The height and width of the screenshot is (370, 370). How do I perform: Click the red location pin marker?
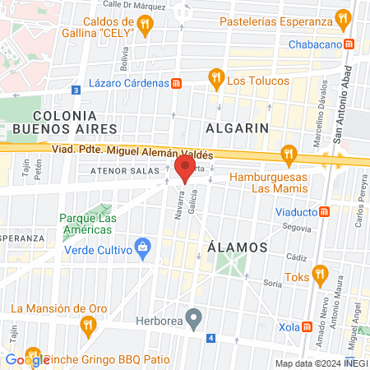pos(185,169)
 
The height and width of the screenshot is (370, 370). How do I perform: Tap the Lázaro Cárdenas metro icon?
pos(176,83)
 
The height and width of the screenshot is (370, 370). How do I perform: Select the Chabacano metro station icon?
pos(349,44)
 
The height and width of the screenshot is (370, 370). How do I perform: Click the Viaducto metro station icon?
pos(325,211)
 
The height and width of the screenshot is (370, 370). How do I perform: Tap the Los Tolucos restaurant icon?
pos(215,80)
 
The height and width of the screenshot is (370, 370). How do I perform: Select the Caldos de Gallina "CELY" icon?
pos(145,25)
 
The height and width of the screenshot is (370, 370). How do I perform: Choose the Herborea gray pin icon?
pos(194,317)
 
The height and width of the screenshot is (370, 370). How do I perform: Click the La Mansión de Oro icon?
pos(88,326)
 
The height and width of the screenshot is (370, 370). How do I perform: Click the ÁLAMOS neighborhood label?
pos(238,247)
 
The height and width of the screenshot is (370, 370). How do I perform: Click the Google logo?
pos(25,359)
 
